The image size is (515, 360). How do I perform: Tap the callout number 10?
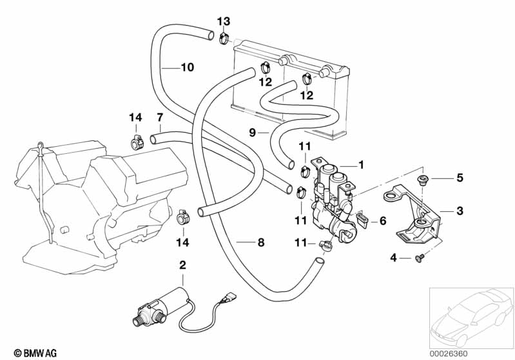click(186, 66)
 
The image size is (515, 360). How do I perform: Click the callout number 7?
click(159, 117)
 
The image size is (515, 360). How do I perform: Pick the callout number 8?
click(260, 243)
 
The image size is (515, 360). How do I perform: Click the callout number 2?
click(182, 264)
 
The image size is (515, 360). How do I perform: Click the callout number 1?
click(361, 165)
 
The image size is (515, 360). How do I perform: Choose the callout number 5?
click(460, 177)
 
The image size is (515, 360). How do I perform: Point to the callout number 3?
click(460, 211)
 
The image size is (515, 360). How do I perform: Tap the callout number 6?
click(382, 221)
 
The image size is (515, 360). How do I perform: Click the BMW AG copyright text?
click(30, 353)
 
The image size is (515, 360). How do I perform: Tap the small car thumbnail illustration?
click(470, 316)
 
